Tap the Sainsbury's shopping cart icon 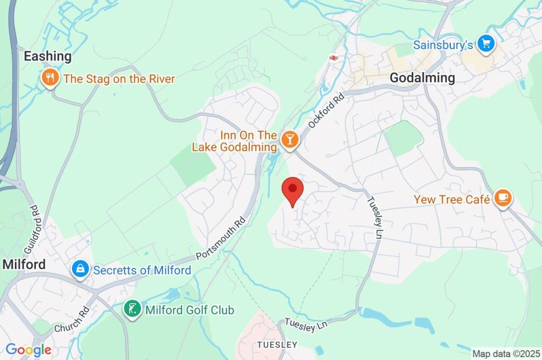point(485,44)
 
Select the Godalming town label point(422,78)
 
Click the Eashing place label point(47,56)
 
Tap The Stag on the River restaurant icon point(49,79)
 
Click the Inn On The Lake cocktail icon point(290,140)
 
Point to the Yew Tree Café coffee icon point(502,199)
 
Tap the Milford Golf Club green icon point(132,309)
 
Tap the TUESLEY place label point(277,345)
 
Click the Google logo point(29,350)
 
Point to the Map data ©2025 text point(506,353)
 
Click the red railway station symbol point(333,58)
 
